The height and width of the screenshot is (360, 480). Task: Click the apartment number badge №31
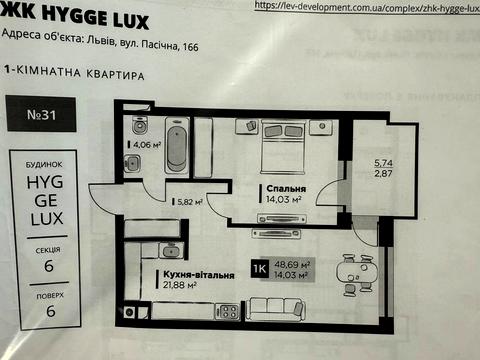[41, 115]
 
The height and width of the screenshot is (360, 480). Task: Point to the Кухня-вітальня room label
[195, 273]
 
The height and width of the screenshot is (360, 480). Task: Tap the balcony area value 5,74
[383, 162]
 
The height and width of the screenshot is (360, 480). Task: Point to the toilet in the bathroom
[140, 126]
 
